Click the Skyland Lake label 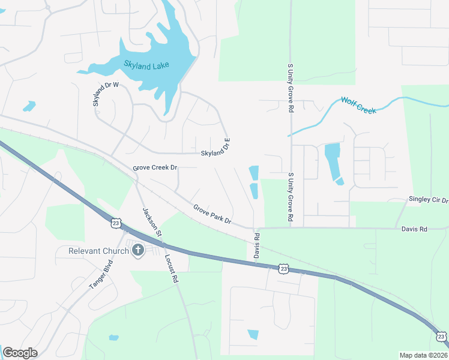click(x=146, y=65)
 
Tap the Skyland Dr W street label click(x=106, y=94)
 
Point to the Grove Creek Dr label click(x=155, y=167)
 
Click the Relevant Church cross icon click(x=138, y=250)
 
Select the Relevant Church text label click(x=98, y=250)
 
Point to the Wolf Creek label click(x=358, y=104)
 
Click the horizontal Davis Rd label click(x=414, y=229)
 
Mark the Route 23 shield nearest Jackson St click(x=115, y=223)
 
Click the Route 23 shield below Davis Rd click(x=284, y=269)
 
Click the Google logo click(x=20, y=353)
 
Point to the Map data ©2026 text click(x=424, y=355)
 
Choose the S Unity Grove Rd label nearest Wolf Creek click(x=291, y=96)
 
